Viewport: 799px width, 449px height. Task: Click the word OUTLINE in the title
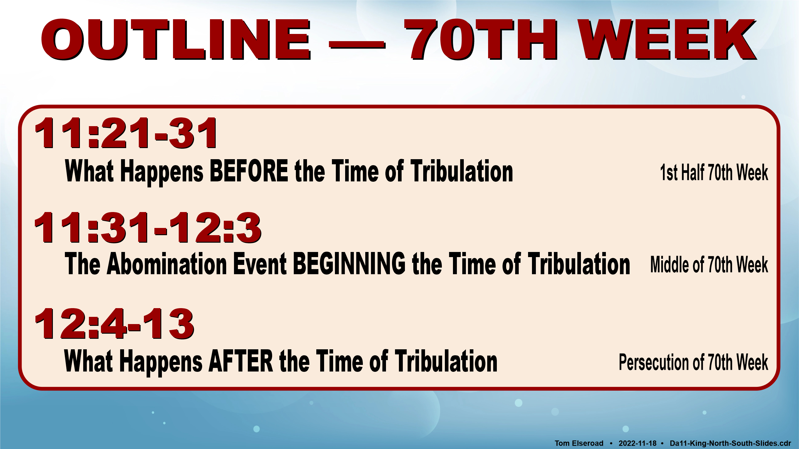[176, 39]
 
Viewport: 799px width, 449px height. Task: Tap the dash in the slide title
[357, 46]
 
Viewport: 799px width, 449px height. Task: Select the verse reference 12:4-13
[114, 324]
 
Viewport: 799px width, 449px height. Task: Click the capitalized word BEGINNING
[349, 264]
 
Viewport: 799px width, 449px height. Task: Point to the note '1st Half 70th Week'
[714, 172]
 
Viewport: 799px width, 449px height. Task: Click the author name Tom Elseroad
[579, 443]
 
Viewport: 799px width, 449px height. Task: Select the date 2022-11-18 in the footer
[637, 443]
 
